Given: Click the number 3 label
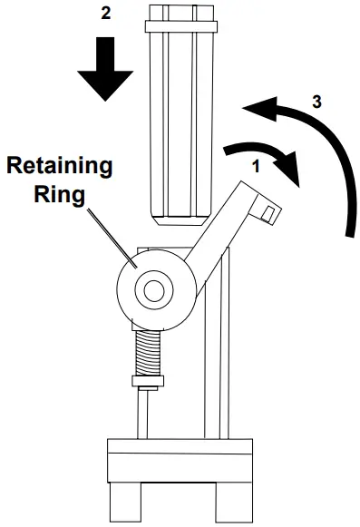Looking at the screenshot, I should [x=316, y=102].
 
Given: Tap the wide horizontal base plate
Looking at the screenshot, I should [x=180, y=457].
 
